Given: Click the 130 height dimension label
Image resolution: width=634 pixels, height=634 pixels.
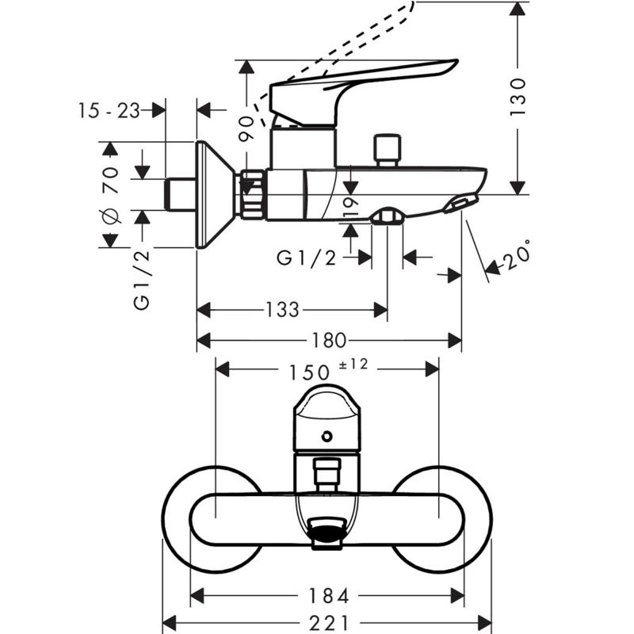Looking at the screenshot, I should tap(518, 96).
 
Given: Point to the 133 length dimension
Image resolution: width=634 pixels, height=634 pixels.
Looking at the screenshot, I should tap(281, 309).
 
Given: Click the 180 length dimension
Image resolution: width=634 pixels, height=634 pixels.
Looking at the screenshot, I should tap(328, 341).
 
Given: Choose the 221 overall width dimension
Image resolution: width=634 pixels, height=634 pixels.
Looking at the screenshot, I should tap(327, 622).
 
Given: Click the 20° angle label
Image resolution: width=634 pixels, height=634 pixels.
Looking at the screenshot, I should tap(516, 255).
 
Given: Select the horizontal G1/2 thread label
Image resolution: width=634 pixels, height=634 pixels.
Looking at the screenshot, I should tap(307, 257).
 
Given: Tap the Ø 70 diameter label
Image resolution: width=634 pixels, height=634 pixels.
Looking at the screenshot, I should tap(110, 194).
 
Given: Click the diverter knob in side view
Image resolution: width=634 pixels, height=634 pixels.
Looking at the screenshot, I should tap(387, 147).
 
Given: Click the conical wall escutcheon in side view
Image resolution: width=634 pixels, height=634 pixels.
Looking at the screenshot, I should tap(216, 195).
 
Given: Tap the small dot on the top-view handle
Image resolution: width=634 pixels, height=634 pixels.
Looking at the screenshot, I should tap(327, 437).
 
